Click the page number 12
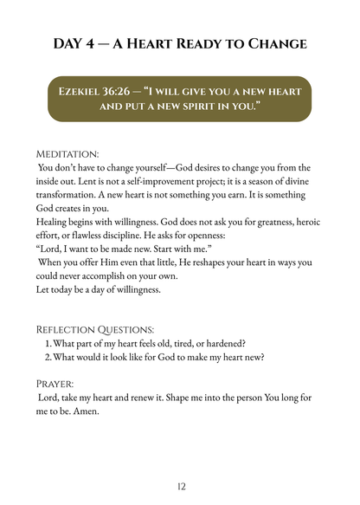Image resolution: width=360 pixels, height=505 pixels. point(181,487)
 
